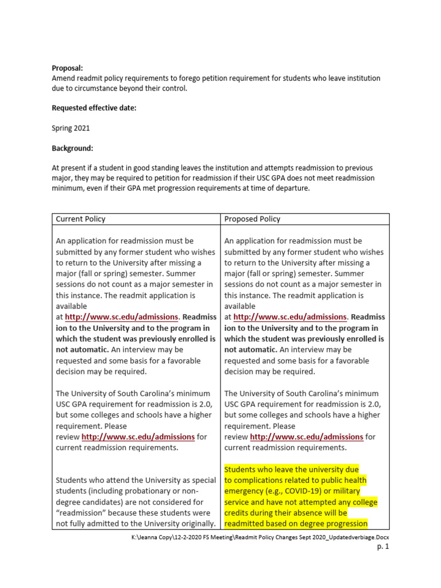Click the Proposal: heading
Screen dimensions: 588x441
68,68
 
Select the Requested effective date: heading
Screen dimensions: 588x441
94,107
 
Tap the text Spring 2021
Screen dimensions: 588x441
71,128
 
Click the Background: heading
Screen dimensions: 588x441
72,148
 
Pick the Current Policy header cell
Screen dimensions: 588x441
80,219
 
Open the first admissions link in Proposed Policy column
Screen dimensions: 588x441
291,317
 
